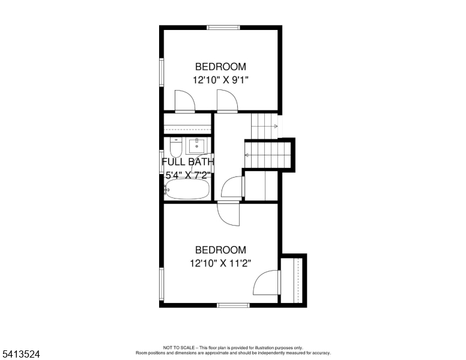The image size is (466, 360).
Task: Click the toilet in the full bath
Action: (176, 147)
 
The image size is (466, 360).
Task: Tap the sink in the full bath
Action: (196, 146)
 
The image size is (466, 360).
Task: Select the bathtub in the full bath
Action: (187, 191)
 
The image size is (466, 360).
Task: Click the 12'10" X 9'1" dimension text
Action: (220, 79)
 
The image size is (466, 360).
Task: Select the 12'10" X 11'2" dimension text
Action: (220, 263)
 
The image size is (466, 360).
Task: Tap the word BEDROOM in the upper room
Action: (220, 67)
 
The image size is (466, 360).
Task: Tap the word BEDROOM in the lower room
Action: (220, 250)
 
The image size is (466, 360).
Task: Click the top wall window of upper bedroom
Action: (223, 27)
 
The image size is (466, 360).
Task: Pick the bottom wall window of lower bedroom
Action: (233, 305)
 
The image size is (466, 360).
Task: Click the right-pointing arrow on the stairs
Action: (275, 126)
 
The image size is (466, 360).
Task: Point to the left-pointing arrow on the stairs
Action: (247, 156)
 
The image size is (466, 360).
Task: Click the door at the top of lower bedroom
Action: (228, 214)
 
